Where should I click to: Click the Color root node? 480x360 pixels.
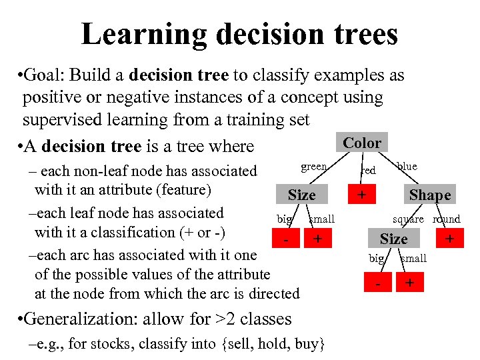click(x=362, y=143)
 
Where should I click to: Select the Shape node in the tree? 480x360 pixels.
click(x=429, y=195)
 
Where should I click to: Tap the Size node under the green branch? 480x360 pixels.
click(x=301, y=195)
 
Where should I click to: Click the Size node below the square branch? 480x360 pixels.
click(x=393, y=239)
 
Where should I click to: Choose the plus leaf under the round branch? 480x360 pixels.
click(x=450, y=239)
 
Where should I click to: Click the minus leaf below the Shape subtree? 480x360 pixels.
click(x=378, y=283)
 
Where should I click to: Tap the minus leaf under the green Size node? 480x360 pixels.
click(x=285, y=239)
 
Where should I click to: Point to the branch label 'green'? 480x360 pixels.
click(x=313, y=167)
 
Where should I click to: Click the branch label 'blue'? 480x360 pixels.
click(x=407, y=166)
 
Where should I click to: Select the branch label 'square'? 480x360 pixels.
click(x=408, y=219)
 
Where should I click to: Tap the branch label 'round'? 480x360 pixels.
click(x=446, y=219)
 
